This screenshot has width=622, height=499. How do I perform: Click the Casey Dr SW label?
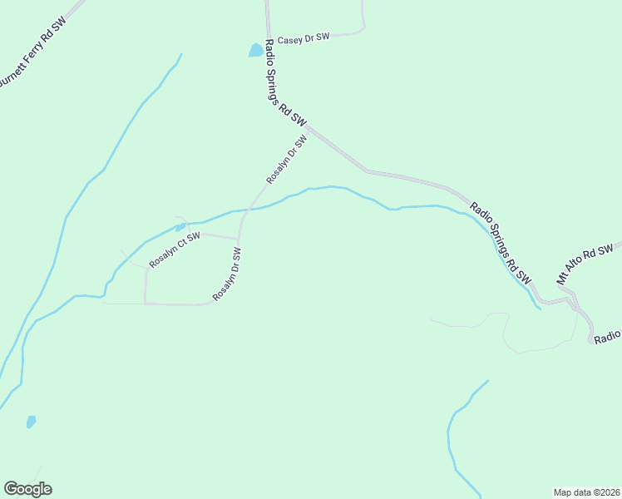coord(304,38)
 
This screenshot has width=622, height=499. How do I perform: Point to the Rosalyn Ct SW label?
coord(175,249)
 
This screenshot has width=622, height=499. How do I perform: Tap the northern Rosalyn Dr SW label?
coord(287,161)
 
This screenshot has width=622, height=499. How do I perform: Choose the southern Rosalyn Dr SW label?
coord(226,274)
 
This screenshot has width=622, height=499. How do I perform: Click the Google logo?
coord(27,489)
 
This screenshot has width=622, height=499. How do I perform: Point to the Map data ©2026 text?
coord(586,492)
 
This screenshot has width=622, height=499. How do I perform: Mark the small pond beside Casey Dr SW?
coord(256,51)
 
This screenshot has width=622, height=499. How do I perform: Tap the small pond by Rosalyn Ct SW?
coord(180,227)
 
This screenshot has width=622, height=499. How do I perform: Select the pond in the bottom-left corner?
coord(31,422)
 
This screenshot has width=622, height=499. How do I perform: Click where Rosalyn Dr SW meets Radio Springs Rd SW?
coord(309,129)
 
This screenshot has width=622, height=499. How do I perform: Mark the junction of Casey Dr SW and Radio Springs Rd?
coord(268,38)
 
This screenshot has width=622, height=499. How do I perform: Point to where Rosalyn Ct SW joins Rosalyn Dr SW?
coord(239,239)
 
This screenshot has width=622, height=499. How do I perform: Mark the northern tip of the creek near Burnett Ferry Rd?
coord(180,56)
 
